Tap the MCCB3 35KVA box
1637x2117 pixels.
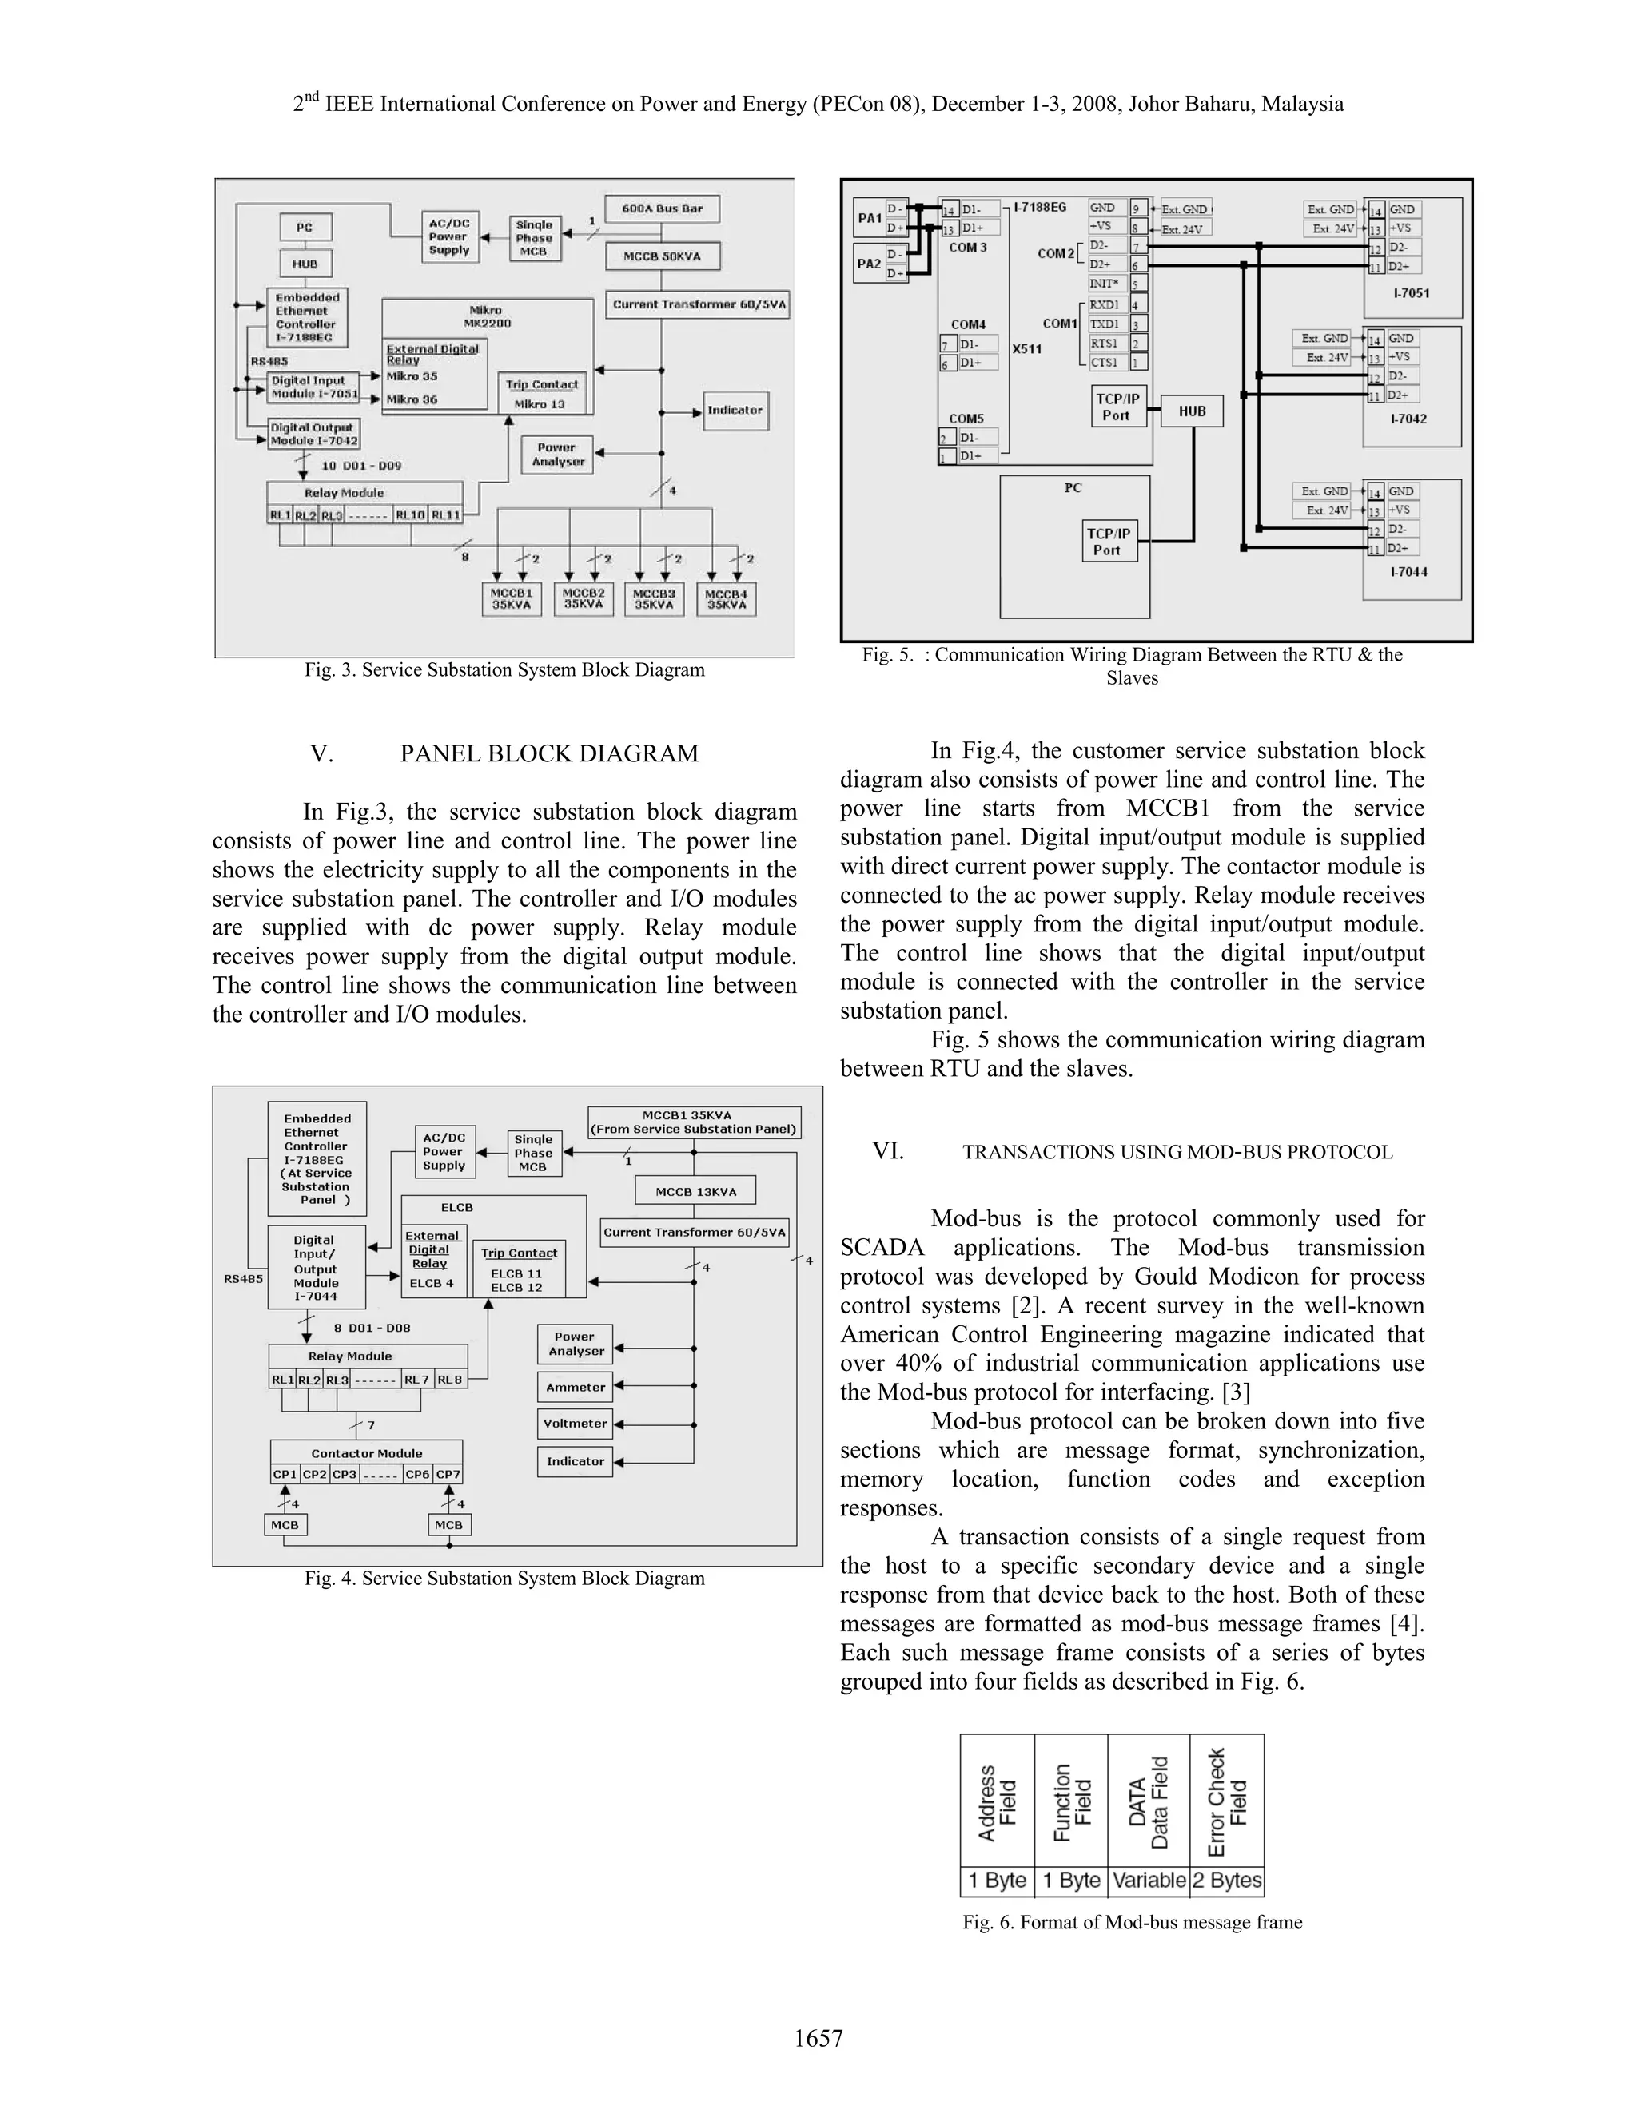click(654, 598)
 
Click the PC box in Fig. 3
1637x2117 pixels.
click(305, 228)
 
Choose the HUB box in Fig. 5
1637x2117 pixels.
click(1191, 411)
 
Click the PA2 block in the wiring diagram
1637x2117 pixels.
click(869, 264)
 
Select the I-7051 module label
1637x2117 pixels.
click(1411, 292)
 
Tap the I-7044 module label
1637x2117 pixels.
click(1409, 572)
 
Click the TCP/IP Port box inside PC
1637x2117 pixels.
click(1109, 541)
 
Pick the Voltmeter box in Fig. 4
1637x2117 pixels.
click(575, 1424)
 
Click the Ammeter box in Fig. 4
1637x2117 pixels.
click(575, 1387)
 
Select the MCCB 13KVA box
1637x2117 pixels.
click(695, 1190)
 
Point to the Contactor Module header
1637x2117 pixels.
click(367, 1453)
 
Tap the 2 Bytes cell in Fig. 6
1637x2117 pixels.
click(1227, 1881)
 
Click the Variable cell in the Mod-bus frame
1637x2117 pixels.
click(1149, 1881)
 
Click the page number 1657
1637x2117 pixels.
click(818, 2038)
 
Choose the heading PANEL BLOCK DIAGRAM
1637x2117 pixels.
click(549, 753)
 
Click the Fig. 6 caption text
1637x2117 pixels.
click(1132, 1921)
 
